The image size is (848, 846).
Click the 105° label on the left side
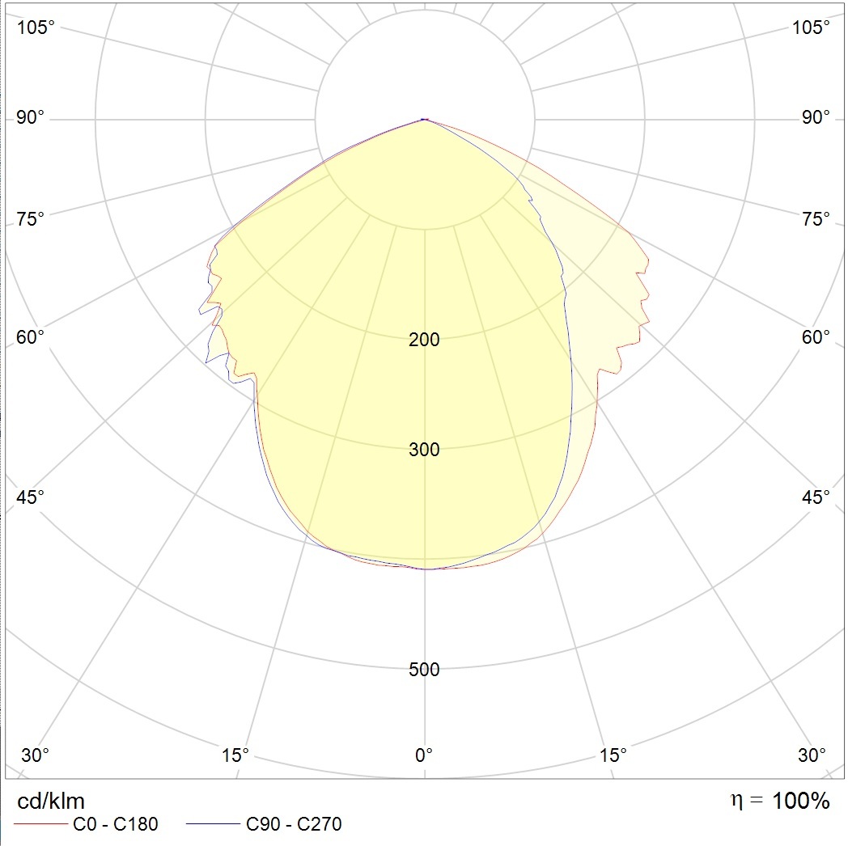(36, 27)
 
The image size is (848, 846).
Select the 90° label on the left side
(32, 118)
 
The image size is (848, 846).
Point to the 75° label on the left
(32, 219)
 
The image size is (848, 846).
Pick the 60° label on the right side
(816, 337)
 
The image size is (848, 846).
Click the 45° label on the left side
(32, 497)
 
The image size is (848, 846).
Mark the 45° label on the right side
(816, 497)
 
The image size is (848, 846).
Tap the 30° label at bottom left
(35, 755)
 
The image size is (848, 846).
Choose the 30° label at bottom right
(812, 755)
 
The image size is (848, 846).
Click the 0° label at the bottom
(424, 755)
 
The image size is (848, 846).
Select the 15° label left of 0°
(235, 755)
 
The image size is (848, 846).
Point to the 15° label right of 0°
(613, 755)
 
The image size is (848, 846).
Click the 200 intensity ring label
(424, 340)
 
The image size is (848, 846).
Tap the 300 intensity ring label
(424, 450)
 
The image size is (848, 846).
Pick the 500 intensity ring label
(424, 670)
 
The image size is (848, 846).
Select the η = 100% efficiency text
(780, 802)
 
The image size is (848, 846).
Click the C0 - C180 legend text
(116, 825)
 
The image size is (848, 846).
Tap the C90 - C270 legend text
(294, 825)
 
